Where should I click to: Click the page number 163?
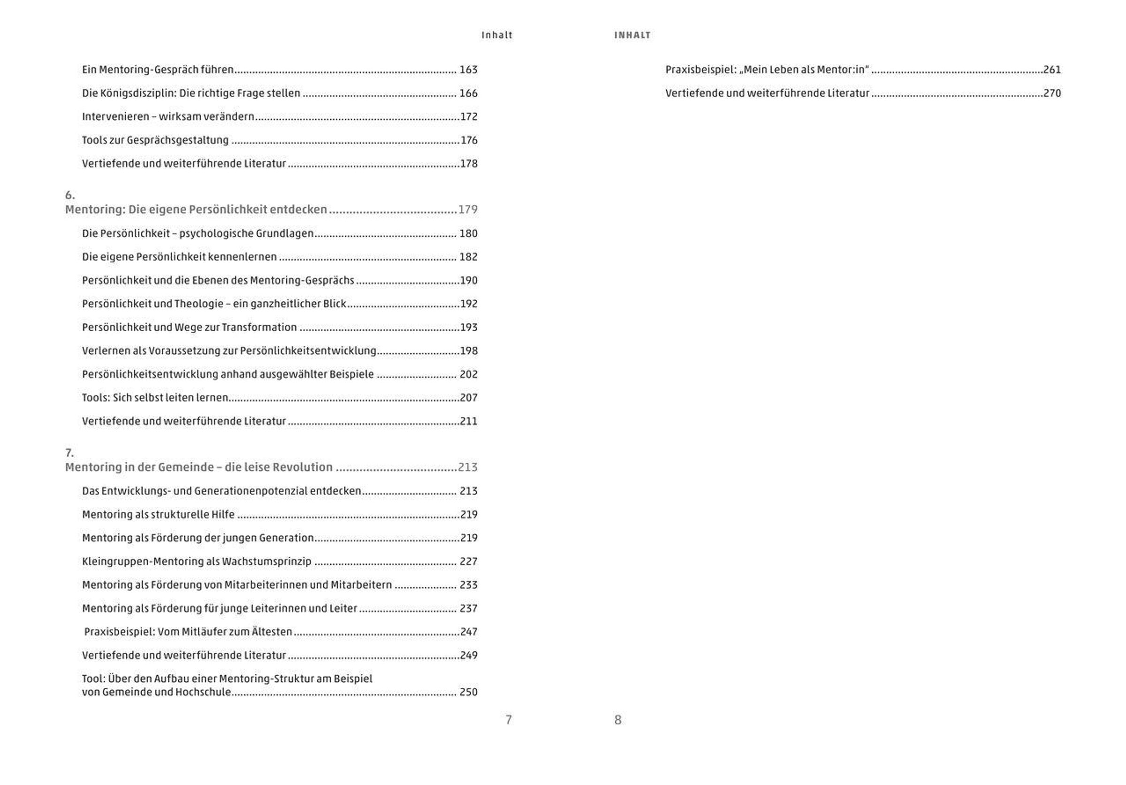(468, 69)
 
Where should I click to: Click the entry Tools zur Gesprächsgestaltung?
(155, 140)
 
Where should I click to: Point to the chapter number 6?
(69, 195)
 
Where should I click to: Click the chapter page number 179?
(467, 210)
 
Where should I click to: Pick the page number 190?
(468, 281)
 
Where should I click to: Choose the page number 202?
(468, 374)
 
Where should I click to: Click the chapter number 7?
(69, 453)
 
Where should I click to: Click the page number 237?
(468, 609)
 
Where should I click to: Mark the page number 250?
(468, 693)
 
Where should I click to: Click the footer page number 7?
(509, 720)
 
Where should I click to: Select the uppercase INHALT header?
(632, 35)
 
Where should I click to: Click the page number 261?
(1052, 69)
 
